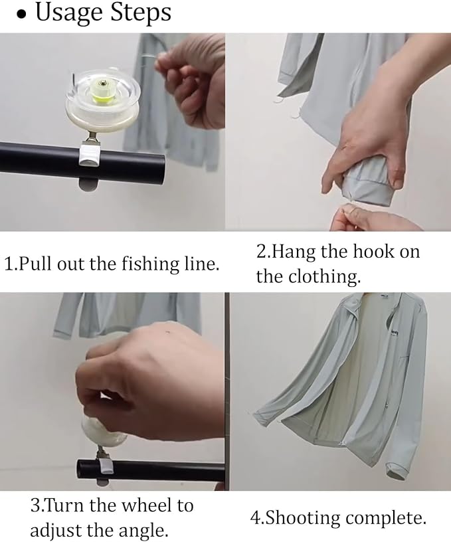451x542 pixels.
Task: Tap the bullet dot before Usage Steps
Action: pos(22,16)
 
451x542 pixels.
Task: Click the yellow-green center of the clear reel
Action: pos(100,93)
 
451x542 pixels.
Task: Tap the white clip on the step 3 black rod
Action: pos(106,467)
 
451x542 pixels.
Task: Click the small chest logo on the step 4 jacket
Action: pos(395,332)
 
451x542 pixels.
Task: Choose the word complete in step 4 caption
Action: pos(385,519)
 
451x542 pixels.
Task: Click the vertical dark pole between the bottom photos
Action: pos(227,391)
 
